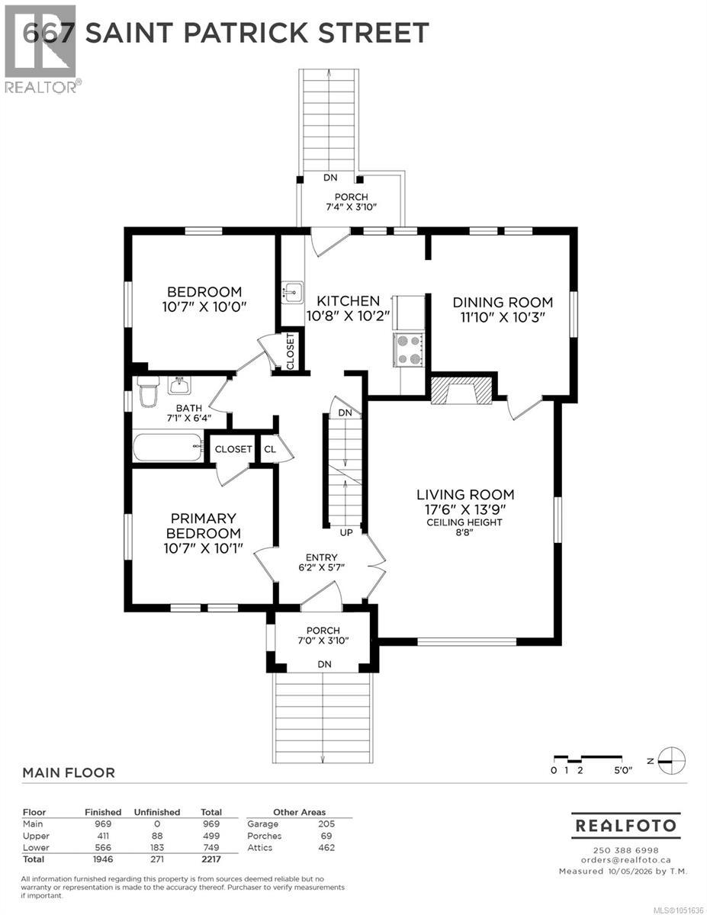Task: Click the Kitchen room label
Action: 349,301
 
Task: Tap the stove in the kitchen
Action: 409,349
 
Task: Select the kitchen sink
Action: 292,292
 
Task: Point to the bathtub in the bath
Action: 168,448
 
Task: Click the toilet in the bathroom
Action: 148,390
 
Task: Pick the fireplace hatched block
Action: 461,390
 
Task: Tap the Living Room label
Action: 465,494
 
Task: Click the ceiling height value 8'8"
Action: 464,531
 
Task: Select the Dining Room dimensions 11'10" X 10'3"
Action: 503,317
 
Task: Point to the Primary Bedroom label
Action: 203,525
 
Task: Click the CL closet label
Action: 270,449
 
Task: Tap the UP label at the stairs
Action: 346,533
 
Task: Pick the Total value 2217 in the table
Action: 211,859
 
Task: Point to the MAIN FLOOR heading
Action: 69,772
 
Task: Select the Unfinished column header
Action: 156,812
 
